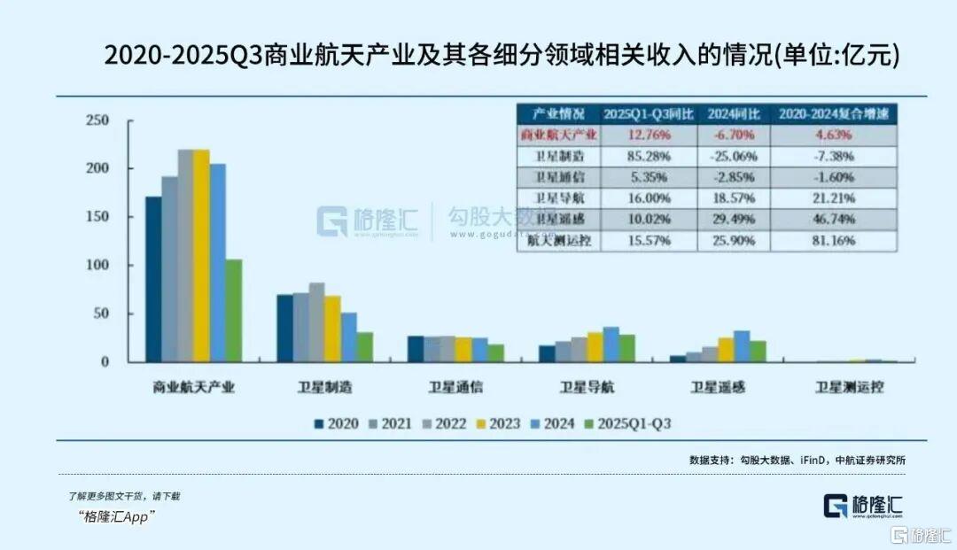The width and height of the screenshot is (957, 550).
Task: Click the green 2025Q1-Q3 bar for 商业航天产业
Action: (233, 310)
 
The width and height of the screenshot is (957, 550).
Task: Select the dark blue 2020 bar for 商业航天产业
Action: (153, 278)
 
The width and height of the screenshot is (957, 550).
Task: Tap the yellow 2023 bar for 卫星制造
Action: (332, 328)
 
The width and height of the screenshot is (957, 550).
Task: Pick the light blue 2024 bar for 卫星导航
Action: (611, 344)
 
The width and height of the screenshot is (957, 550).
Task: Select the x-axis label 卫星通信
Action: (455, 387)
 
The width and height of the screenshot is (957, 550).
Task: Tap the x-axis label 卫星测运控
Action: (850, 387)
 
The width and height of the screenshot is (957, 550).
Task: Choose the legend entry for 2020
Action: (335, 423)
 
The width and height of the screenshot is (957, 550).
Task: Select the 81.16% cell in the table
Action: (834, 240)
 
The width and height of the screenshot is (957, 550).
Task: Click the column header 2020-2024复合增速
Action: (834, 114)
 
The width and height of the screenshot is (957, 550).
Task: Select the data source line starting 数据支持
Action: (797, 460)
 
